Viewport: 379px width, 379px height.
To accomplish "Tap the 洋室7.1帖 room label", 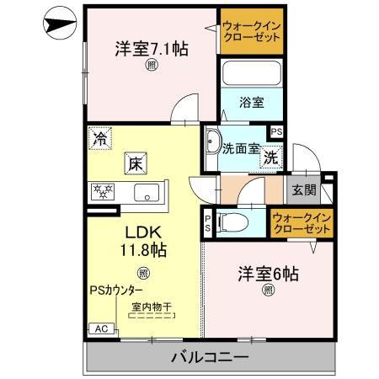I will tap(151, 48).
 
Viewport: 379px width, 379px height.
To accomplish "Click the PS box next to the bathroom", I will tap(276, 131).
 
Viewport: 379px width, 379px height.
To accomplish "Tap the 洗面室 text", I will tap(238, 149).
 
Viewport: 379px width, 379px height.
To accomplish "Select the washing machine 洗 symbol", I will tap(270, 157).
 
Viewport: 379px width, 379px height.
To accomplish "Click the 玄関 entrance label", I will tap(304, 190).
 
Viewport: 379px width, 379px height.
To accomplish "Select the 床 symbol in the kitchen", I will tap(135, 163).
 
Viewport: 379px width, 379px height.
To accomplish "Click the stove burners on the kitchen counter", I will tap(104, 191).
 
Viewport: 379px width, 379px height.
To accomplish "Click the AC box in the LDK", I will tap(98, 329).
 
